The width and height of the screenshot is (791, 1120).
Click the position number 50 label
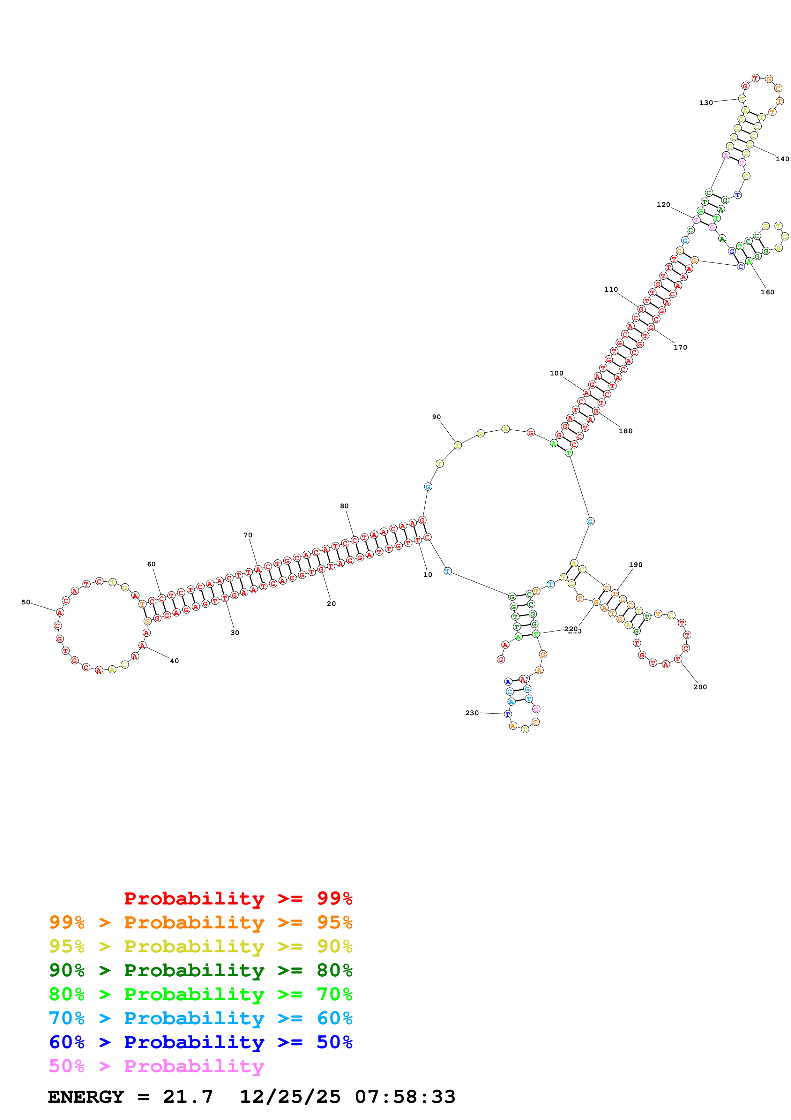26,602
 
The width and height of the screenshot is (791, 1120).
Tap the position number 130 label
706,103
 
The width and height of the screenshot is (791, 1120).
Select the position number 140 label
782,159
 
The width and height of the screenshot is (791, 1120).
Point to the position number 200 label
700,687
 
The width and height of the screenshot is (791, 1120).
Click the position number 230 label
472,713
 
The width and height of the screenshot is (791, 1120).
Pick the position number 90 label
436,417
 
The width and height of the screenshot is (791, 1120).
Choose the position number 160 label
767,292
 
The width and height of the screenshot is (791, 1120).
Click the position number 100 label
556,373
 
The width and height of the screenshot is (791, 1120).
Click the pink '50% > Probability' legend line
156,1066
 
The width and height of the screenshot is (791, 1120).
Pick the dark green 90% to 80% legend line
200,970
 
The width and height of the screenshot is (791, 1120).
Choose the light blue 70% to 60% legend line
200,1018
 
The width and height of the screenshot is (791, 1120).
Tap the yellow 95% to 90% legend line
200,946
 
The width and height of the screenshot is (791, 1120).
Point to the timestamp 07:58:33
405,1097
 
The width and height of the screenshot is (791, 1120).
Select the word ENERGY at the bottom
86,1097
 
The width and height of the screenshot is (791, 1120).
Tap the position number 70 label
248,535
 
